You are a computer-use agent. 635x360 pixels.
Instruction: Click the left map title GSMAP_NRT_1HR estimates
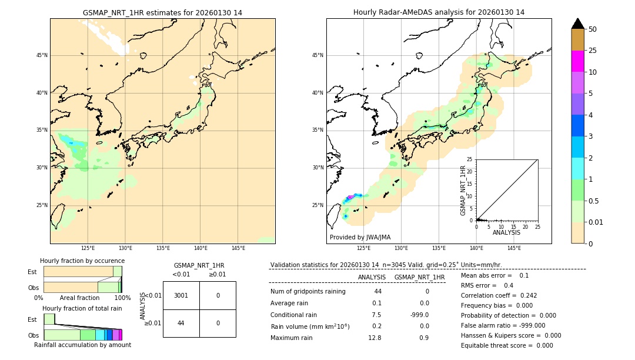pos(162,12)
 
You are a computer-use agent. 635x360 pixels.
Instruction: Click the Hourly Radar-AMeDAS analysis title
pos(439,12)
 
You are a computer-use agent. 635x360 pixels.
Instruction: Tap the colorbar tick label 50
pos(593,29)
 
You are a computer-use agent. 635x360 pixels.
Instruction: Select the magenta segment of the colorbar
pos(577,61)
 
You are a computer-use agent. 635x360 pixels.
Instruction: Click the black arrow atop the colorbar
pos(577,24)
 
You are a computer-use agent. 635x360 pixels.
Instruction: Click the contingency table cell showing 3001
pos(181,295)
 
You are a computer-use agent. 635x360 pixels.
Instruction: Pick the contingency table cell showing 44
pos(181,323)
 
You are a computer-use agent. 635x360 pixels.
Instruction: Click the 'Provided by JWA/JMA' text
pos(360,237)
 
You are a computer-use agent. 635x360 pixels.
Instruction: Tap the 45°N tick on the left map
pos(42,55)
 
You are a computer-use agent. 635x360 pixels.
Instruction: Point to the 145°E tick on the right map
pos(514,248)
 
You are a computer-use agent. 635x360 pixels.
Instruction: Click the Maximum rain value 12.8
pos(374,338)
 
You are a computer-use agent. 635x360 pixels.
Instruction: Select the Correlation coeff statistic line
pos(499,295)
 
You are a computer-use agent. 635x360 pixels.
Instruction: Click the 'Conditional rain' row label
pos(294,315)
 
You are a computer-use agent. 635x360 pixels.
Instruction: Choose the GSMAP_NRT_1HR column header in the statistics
pos(419,277)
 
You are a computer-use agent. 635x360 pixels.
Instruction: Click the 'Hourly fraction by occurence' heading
pos(82,261)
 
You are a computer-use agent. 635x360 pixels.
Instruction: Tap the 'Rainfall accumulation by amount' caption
pos(82,345)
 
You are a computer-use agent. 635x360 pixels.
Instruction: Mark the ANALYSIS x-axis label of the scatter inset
pos(506,232)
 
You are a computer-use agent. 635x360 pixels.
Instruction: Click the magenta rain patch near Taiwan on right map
pos(350,197)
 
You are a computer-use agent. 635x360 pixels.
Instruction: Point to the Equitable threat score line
pos(507,345)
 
